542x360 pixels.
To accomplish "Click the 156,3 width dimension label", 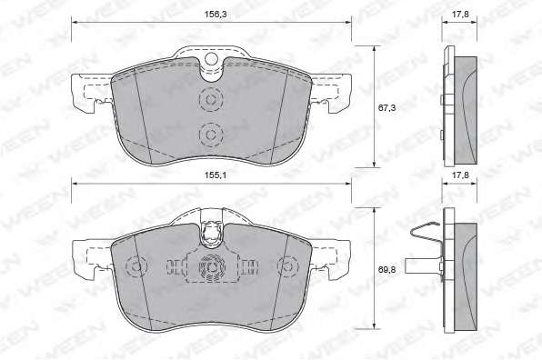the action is pos(213,15).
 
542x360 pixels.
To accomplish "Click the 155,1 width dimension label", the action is pos(215,175).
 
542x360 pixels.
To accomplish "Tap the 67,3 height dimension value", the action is pos(386,108).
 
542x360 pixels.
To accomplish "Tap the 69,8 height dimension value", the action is pos(386,269).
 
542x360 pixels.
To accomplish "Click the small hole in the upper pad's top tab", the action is pos(211,59).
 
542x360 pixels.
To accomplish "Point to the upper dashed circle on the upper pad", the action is pos(210,99).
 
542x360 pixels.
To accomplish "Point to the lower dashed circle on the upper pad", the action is pos(210,135).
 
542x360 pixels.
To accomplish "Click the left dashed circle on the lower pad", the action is pos(136,266).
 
